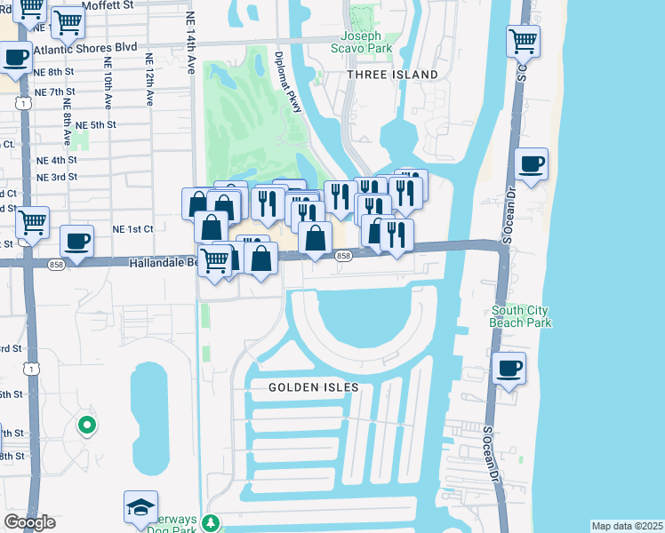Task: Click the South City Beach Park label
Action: click(x=520, y=316)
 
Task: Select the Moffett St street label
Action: click(x=106, y=5)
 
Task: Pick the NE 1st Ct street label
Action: click(x=132, y=228)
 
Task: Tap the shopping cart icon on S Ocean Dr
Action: click(x=524, y=40)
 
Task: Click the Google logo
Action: click(x=29, y=522)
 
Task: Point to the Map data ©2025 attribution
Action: click(x=626, y=526)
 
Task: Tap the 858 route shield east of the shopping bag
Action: click(x=343, y=256)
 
